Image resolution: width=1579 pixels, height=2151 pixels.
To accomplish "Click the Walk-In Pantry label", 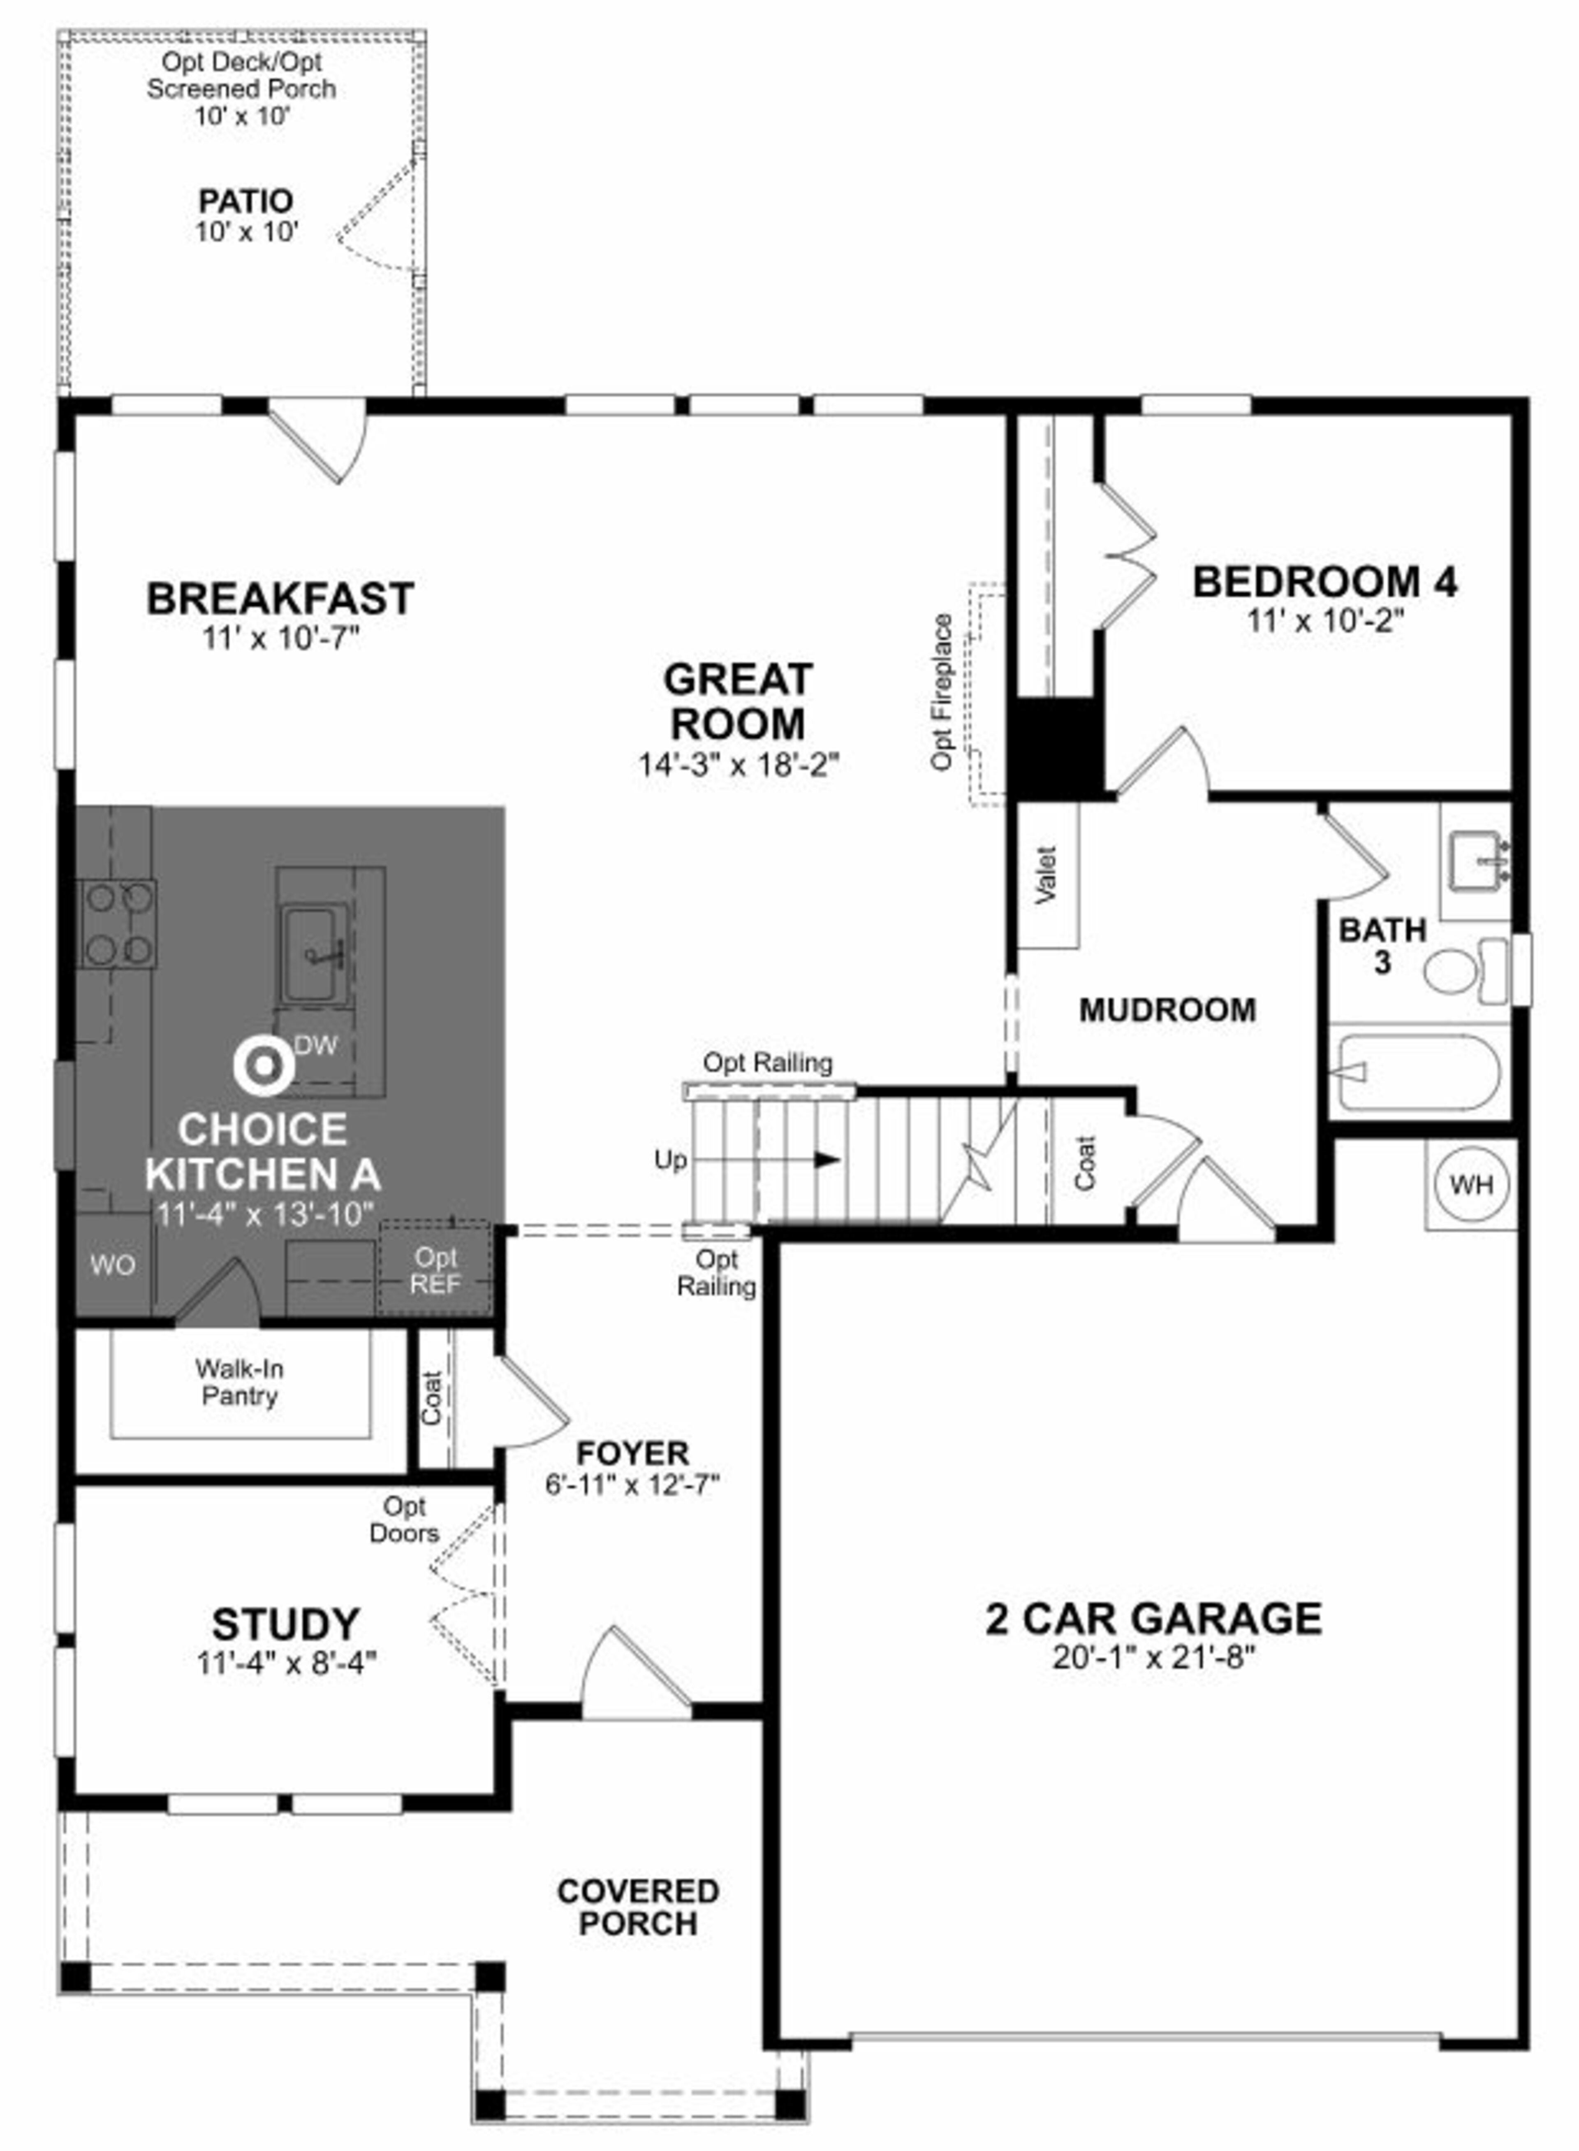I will pos(240,1383).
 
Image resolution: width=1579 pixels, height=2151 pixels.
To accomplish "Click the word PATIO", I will pos(245,201).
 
